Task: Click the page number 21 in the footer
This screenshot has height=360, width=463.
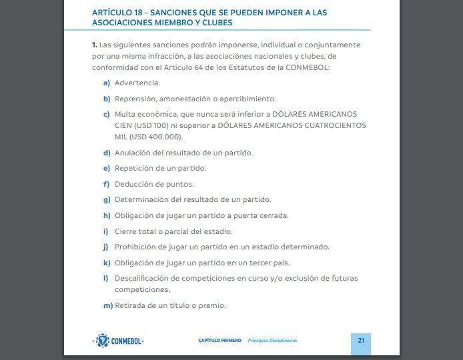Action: coord(361,340)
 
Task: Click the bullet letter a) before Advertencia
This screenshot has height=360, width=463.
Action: coord(107,83)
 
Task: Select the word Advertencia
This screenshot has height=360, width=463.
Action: coord(137,83)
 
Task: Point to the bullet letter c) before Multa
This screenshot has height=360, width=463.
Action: coord(107,115)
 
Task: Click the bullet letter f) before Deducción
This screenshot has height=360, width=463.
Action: coord(107,184)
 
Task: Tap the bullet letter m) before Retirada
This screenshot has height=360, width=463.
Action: coord(107,306)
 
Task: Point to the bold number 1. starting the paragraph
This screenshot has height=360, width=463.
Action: coord(95,45)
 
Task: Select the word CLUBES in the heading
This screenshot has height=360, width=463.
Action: coord(214,22)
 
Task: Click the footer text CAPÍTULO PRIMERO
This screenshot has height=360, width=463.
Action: coord(220,341)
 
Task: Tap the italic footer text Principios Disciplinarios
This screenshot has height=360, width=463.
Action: coord(272,341)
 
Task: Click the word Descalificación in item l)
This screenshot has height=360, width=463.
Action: coord(144,278)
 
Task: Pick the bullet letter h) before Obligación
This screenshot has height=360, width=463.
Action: coord(107,215)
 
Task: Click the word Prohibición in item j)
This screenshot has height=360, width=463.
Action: coord(135,247)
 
